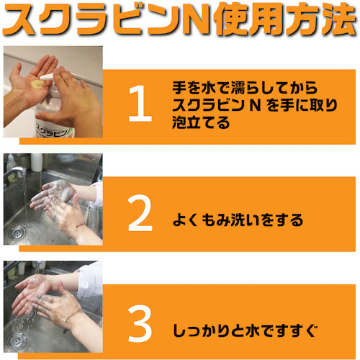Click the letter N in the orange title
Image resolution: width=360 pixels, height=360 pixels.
[196, 19]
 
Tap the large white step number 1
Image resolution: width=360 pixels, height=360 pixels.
[140, 104]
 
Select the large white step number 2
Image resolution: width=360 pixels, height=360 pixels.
[140, 213]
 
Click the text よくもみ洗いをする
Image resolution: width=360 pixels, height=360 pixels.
[238, 220]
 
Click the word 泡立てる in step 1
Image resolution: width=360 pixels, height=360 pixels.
[201, 122]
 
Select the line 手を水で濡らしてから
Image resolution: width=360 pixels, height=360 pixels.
[245, 88]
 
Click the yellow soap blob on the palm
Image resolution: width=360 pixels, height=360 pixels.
[37, 84]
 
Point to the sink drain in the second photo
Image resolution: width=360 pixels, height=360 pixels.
[18, 233]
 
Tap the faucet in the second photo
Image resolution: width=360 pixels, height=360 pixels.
[15, 172]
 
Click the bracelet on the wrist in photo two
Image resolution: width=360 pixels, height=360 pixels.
[80, 225]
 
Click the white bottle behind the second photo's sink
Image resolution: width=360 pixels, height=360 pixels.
[37, 162]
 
